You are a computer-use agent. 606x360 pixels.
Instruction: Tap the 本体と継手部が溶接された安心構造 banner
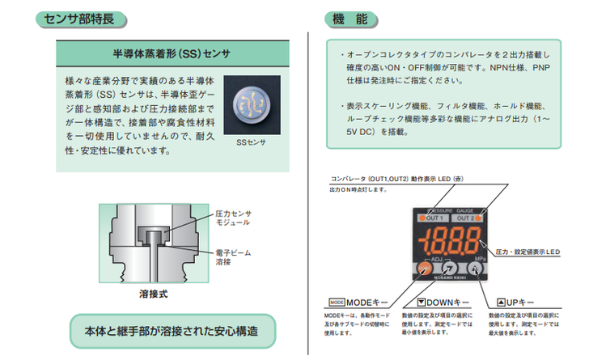click(171, 331)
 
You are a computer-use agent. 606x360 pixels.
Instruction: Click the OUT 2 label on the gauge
click(465, 218)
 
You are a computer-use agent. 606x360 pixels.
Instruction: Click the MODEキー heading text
click(359, 300)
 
